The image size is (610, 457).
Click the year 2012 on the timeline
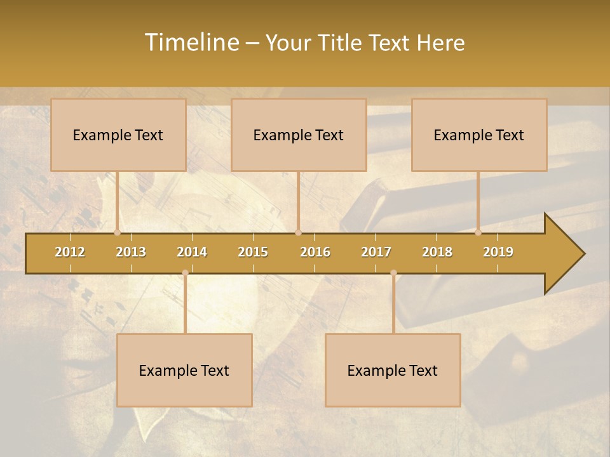pos(70,252)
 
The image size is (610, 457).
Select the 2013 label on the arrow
pos(131,252)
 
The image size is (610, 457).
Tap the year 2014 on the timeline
pos(192,252)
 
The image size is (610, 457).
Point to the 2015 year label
pos(253,252)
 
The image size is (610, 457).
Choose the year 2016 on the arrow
pos(315,252)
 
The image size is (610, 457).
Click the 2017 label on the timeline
pos(376,252)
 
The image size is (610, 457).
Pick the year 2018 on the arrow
pos(437,252)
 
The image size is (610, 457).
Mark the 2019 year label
pos(498,252)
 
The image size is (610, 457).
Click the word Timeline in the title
pos(191,43)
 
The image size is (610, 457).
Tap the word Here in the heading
pos(440,43)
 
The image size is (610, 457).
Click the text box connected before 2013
pos(118,135)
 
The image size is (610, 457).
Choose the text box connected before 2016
pos(299,135)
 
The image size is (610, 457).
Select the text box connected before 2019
pos(479,135)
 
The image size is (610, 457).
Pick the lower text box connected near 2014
pos(184,370)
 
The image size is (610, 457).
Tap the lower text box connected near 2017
pos(393,370)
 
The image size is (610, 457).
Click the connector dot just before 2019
pos(478,232)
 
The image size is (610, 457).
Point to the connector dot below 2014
pos(185,273)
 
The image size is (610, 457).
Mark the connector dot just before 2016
pos(298,232)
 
